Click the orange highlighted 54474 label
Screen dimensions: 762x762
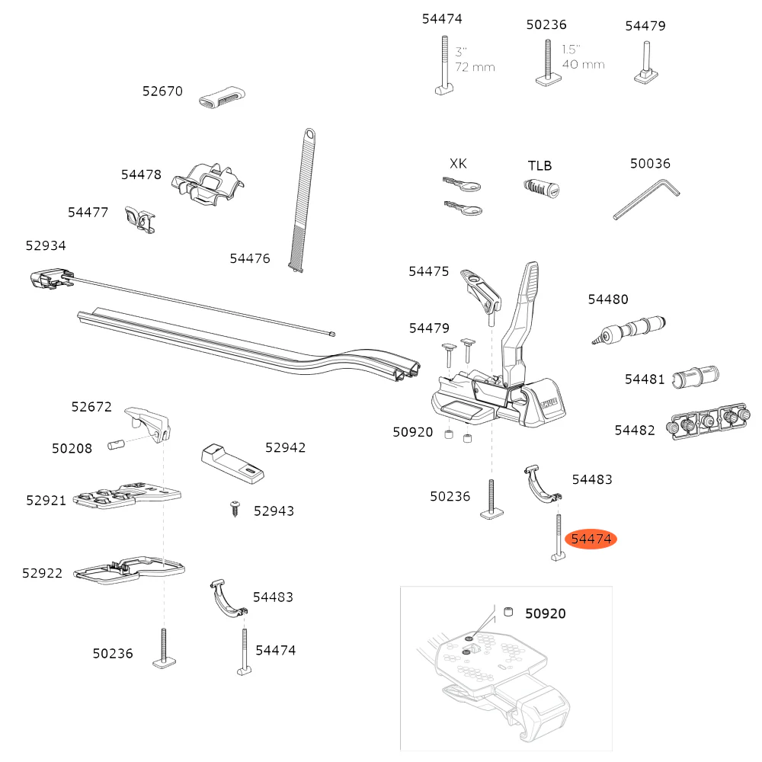point(591,539)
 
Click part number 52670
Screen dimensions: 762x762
point(162,91)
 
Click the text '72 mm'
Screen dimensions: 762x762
point(475,67)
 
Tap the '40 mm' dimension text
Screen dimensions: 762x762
point(583,64)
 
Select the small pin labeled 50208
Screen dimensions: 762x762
point(117,444)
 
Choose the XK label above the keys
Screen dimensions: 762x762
point(459,164)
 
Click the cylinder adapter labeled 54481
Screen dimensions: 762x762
point(695,376)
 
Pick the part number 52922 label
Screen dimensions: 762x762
point(43,573)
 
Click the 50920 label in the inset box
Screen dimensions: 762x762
point(545,613)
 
